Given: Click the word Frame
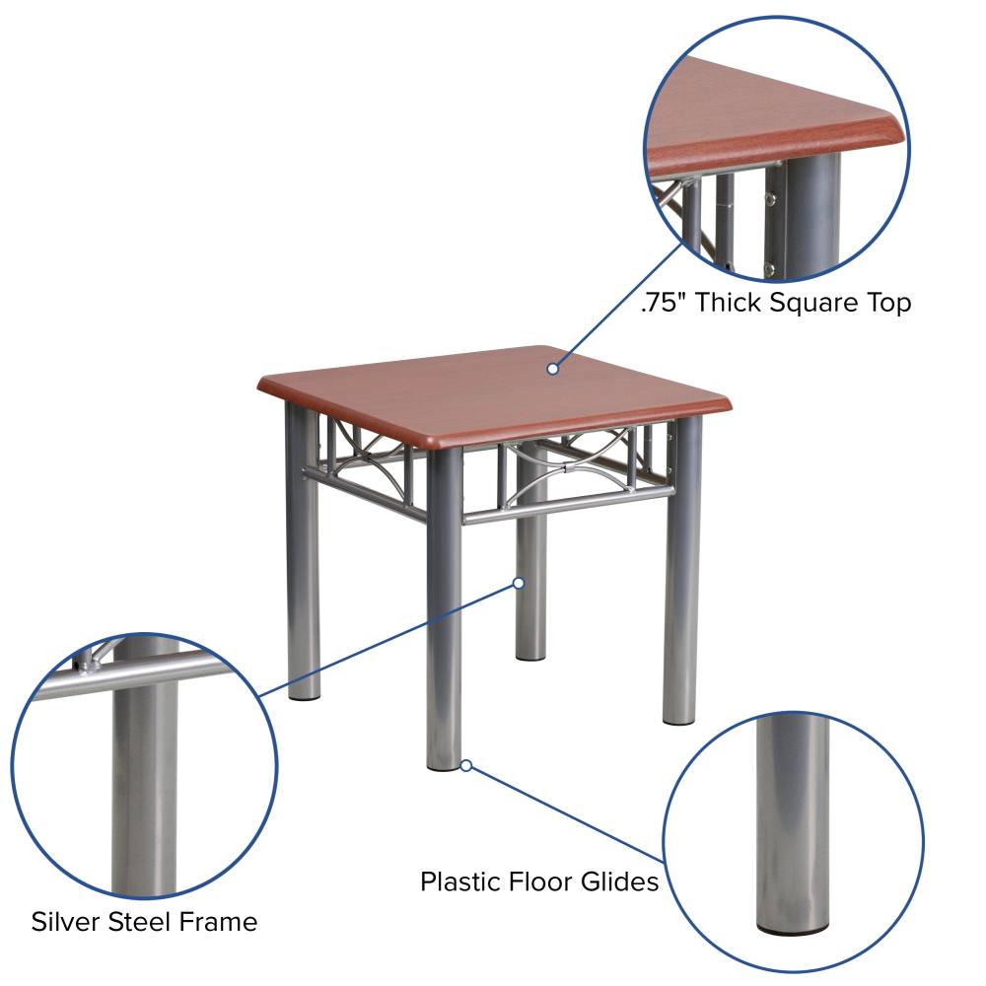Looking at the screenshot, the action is pos(218,922).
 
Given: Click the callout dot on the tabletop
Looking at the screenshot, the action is pos(553,369).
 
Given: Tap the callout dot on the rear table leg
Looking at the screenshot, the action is pos(519,583).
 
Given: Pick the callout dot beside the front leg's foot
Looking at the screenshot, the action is pos(466,765).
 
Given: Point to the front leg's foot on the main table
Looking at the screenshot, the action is pos(444,764).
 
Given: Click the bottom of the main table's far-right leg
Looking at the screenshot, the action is pos(679,719).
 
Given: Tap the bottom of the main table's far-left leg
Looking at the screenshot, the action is pos(305,694).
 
